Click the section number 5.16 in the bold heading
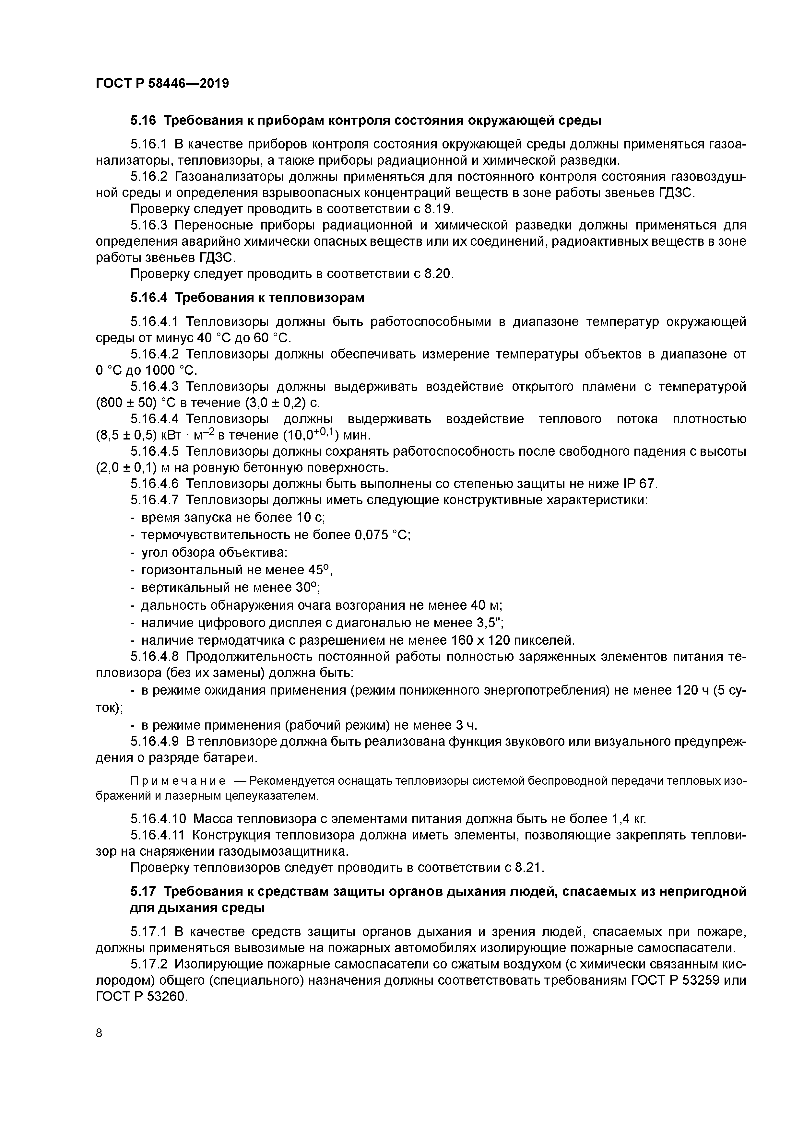click(144, 120)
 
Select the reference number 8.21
click(529, 867)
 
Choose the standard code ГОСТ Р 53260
click(141, 997)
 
